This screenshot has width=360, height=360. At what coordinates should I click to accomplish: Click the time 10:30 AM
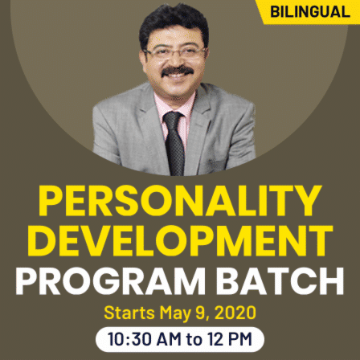pos(148,338)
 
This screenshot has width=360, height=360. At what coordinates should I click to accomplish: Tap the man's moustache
pos(178,75)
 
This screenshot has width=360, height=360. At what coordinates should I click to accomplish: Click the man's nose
pos(178,63)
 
